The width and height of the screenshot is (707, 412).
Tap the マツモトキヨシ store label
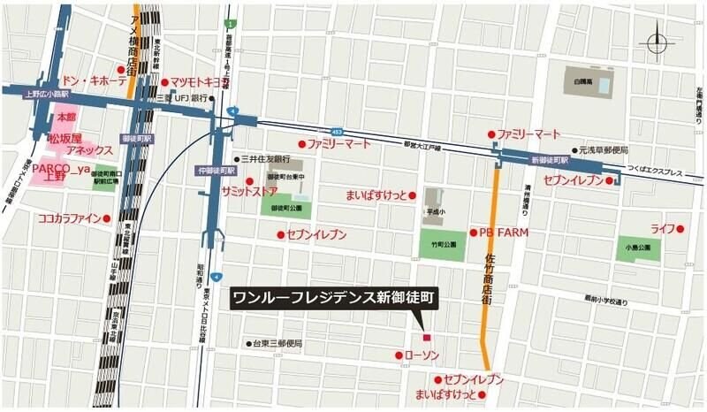(x=205, y=82)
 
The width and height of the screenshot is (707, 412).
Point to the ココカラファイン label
(x=69, y=217)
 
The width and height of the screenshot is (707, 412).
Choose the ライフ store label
(x=663, y=228)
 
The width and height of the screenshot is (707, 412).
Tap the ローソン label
(x=422, y=355)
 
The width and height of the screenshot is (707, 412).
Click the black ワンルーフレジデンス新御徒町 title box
(x=333, y=299)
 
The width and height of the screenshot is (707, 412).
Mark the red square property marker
(x=426, y=338)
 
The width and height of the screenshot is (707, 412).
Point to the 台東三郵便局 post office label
(x=277, y=342)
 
